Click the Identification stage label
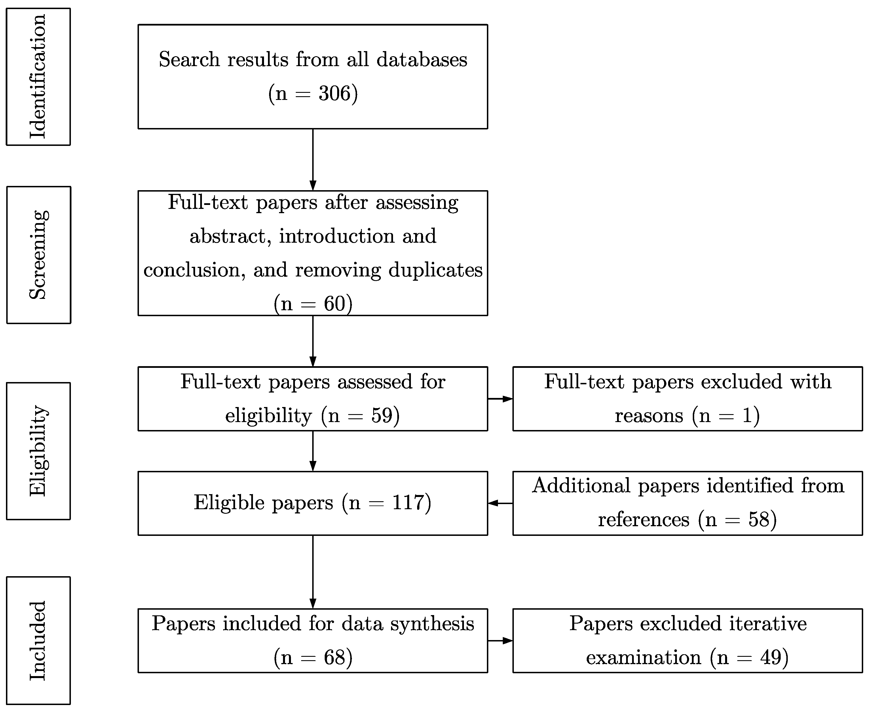tap(38, 77)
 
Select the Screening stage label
tap(39, 255)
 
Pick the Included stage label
tap(38, 641)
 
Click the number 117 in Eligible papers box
tap(408, 503)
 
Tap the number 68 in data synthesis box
tap(335, 658)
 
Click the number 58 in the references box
tap(759, 520)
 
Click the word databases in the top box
tap(421, 59)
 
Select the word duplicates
tap(435, 270)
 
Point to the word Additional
tap(581, 486)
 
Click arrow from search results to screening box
tap(313, 160)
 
